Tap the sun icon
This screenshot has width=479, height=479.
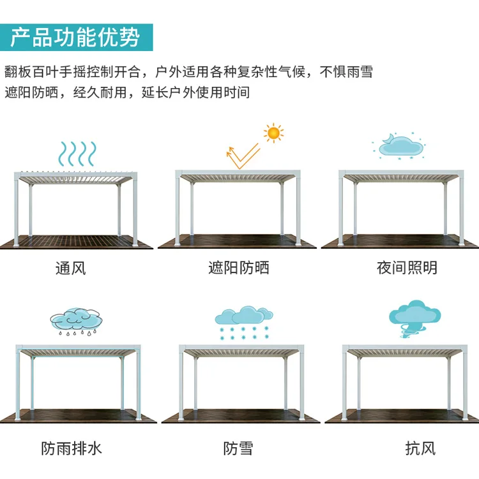tap(274, 133)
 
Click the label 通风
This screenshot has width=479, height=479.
tap(70, 268)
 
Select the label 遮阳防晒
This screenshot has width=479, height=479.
tap(239, 268)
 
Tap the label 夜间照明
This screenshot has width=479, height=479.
tap(407, 268)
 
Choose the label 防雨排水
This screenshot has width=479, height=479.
tap(71, 448)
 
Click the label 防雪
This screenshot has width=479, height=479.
tap(238, 448)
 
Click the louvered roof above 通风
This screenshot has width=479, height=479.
tap(75, 173)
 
